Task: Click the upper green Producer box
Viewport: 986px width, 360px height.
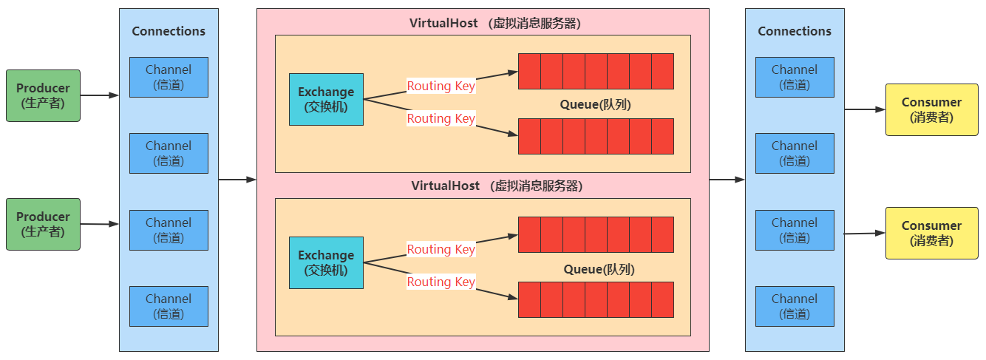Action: [43, 95]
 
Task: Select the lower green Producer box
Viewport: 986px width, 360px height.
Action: [43, 224]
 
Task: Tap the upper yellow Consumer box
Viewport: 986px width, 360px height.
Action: [931, 109]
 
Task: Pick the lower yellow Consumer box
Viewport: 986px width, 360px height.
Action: [931, 233]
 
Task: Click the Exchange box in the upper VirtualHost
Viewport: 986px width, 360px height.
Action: [326, 99]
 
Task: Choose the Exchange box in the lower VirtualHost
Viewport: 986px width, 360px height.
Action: [326, 262]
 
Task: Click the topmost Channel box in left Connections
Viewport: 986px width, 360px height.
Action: [169, 77]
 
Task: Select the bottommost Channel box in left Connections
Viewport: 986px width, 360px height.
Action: [169, 306]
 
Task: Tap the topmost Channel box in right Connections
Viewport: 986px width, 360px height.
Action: [795, 77]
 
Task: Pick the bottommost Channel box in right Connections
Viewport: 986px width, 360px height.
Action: [795, 306]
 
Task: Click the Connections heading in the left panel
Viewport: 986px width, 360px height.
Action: [169, 31]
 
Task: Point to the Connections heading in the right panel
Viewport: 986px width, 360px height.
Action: [795, 31]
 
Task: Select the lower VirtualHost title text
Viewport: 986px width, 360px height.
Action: [497, 186]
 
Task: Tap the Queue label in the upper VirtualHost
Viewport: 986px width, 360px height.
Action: [595, 105]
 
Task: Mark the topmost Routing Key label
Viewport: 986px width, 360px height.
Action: [441, 86]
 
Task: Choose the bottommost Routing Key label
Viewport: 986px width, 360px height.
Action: [441, 282]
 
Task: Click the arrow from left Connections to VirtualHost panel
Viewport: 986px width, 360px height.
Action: [237, 180]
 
